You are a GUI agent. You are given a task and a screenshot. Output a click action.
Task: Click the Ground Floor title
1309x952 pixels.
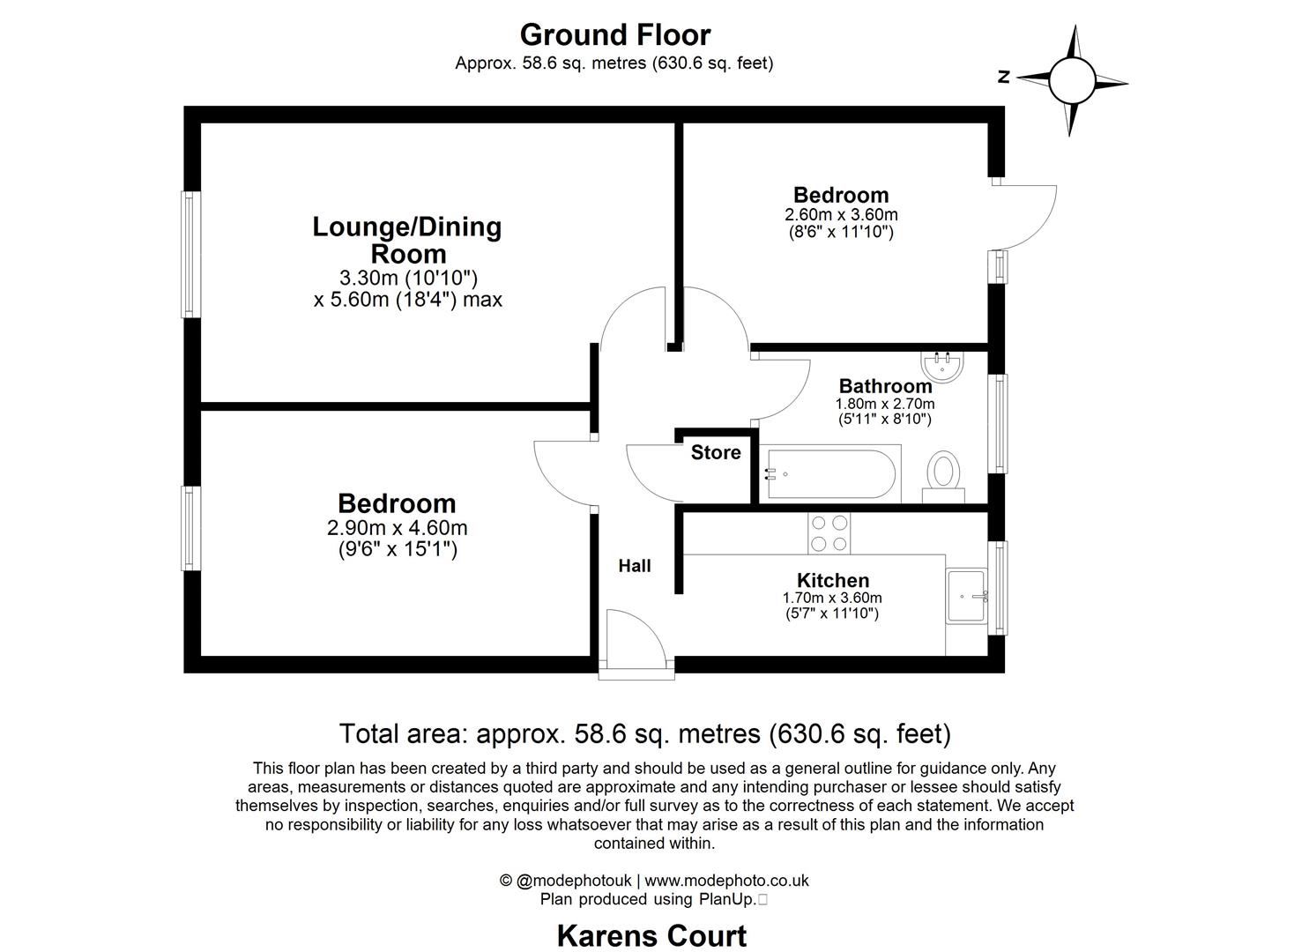(614, 35)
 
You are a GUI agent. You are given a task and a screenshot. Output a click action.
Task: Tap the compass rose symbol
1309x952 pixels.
(1072, 80)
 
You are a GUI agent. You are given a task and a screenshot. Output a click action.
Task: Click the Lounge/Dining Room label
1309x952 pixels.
(407, 240)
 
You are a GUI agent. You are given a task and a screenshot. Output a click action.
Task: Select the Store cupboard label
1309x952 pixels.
(715, 453)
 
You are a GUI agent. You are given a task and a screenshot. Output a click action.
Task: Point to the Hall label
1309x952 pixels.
(634, 566)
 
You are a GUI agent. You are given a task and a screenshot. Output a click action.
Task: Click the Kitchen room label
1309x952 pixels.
(832, 580)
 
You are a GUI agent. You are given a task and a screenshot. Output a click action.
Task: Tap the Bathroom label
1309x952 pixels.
(885, 386)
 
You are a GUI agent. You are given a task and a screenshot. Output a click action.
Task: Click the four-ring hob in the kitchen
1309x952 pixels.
(829, 532)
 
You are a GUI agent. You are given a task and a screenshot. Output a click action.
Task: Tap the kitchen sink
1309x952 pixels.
(966, 596)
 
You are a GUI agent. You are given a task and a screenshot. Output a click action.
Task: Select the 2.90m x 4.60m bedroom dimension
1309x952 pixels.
(397, 528)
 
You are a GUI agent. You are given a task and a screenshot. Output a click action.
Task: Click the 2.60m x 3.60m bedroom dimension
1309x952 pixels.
(841, 214)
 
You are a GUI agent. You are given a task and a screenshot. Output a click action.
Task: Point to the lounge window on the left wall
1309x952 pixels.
(188, 254)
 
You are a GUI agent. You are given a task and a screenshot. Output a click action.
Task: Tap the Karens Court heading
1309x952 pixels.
(651, 935)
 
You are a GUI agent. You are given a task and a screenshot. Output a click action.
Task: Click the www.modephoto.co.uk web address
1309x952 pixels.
(726, 880)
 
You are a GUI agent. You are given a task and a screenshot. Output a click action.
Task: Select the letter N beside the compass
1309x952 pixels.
(1003, 78)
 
